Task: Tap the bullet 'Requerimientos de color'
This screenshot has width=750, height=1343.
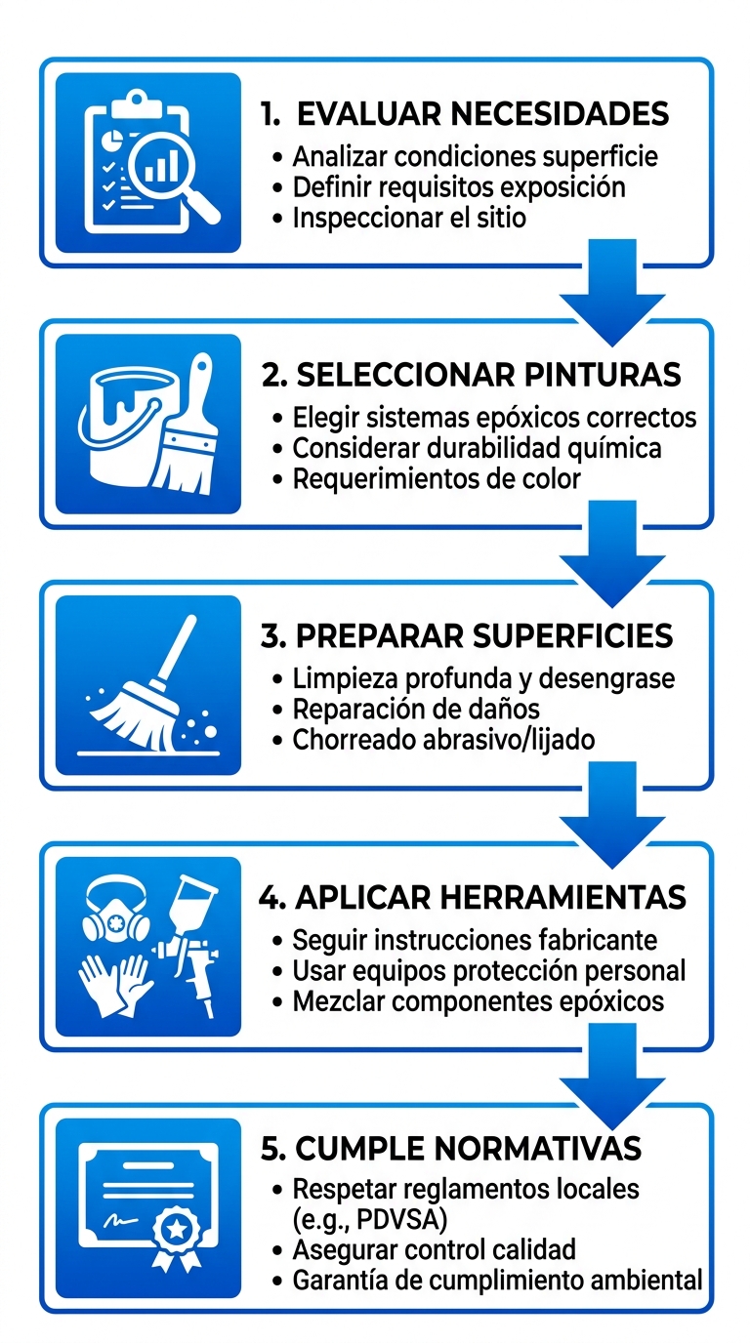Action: click(x=437, y=478)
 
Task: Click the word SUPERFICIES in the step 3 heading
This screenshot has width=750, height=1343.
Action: click(x=573, y=635)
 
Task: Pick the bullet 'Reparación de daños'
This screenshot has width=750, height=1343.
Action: click(x=416, y=708)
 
